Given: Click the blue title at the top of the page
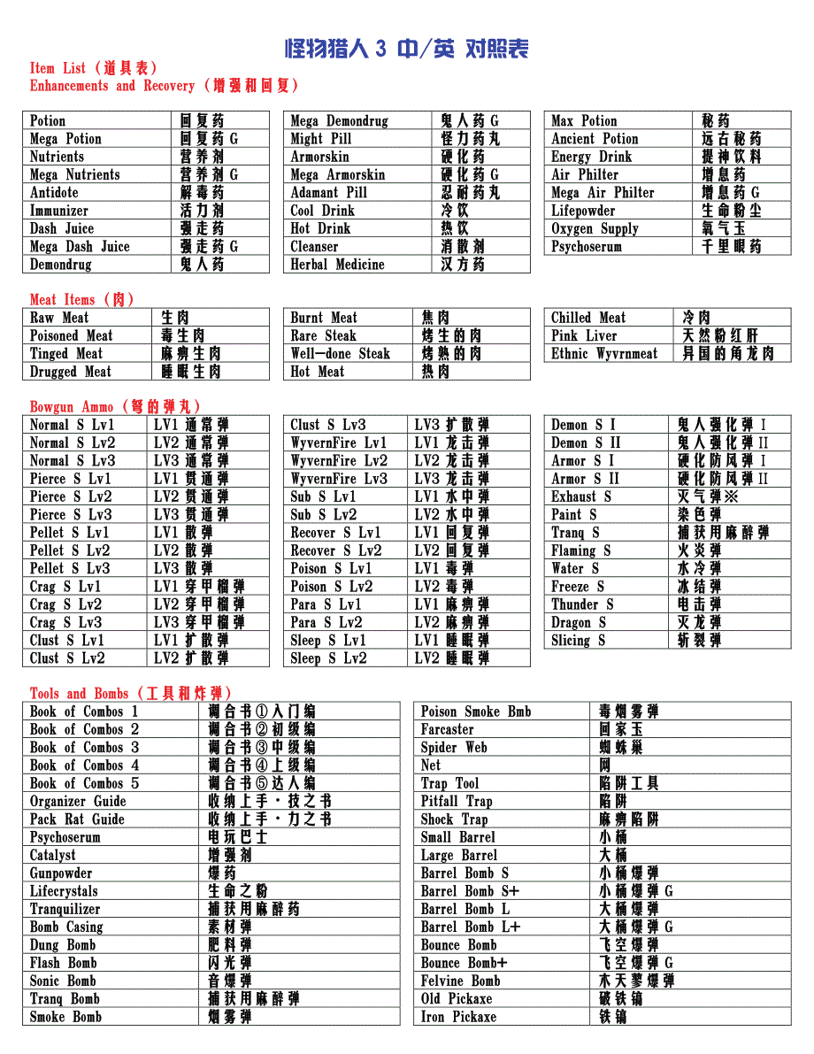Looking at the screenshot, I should pyautogui.click(x=406, y=49).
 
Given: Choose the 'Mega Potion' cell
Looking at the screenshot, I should pyautogui.click(x=66, y=139).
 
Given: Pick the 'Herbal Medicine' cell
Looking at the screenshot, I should pyautogui.click(x=338, y=265).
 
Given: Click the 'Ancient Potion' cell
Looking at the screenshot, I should pyautogui.click(x=595, y=139).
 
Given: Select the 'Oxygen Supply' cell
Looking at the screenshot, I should pyautogui.click(x=595, y=228).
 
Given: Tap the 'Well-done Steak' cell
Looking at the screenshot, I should pyautogui.click(x=341, y=354).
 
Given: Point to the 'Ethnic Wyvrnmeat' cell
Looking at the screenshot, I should pyautogui.click(x=604, y=354).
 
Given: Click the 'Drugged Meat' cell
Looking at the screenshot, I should pyautogui.click(x=71, y=372).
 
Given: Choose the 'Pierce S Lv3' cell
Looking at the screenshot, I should pyautogui.click(x=72, y=514).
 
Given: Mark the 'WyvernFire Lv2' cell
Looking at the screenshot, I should pyautogui.click(x=339, y=460).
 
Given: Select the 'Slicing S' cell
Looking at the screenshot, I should pyautogui.click(x=579, y=640).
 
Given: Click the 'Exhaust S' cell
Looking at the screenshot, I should pyautogui.click(x=581, y=496).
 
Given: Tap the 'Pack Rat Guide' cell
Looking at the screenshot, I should pyautogui.click(x=78, y=819).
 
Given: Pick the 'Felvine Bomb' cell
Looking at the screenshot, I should pyautogui.click(x=461, y=981).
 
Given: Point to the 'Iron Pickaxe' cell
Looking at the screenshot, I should pyautogui.click(x=458, y=1017).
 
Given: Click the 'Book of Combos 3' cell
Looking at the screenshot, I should pyautogui.click(x=85, y=748).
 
